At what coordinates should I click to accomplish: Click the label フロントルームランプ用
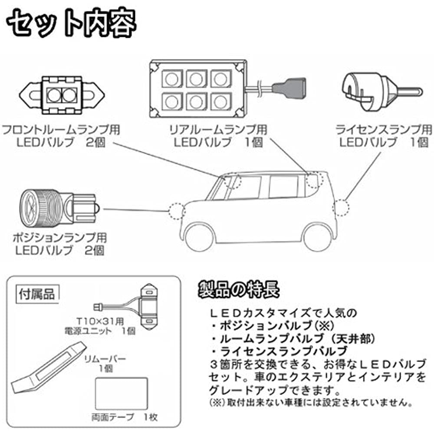pos(61,129)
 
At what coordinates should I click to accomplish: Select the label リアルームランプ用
pos(217,129)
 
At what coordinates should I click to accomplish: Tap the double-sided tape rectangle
pos(121,393)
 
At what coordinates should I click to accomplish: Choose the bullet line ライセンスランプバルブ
pos(284,351)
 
